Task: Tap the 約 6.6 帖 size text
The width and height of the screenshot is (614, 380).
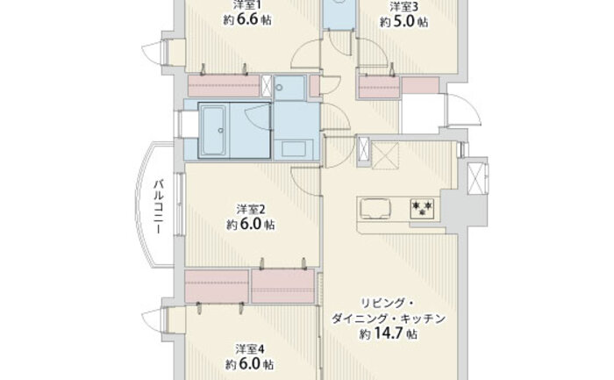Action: tap(247, 19)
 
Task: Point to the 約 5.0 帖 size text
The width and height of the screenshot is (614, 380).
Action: tap(403, 22)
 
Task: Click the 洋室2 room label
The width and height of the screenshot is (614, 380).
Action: tap(251, 210)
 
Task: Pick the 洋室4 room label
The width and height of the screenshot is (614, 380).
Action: tap(250, 348)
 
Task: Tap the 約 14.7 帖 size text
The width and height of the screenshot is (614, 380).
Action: tap(389, 333)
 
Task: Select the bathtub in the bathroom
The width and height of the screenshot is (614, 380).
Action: tap(214, 131)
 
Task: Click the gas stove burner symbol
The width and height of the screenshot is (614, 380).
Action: tap(422, 208)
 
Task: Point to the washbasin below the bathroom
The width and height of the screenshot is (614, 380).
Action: tap(294, 149)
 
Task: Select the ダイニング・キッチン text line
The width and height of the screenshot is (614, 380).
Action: tap(389, 319)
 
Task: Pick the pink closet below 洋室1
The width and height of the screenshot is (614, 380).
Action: tap(224, 85)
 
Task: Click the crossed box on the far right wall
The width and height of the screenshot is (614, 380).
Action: tap(478, 179)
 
